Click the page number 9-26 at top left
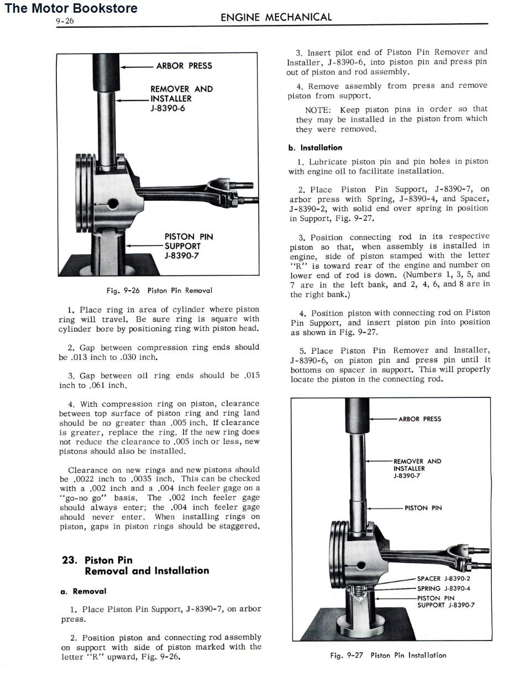tap(65, 22)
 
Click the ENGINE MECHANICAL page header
tap(276, 17)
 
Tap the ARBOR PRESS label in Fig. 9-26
tap(184, 66)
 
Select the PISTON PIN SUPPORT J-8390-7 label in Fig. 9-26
tap(188, 246)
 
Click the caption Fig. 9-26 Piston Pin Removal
tap(159, 290)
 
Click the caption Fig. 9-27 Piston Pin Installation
tap(388, 655)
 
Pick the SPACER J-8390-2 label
tap(443, 579)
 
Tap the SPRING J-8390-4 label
tap(443, 589)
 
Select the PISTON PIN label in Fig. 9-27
tap(423, 508)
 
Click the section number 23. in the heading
tap(70, 560)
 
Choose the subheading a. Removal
tap(83, 591)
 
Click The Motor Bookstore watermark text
tap(71, 8)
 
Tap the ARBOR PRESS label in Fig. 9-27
tap(419, 419)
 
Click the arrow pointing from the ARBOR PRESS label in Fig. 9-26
tap(135, 67)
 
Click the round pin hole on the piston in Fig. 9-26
tap(113, 203)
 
